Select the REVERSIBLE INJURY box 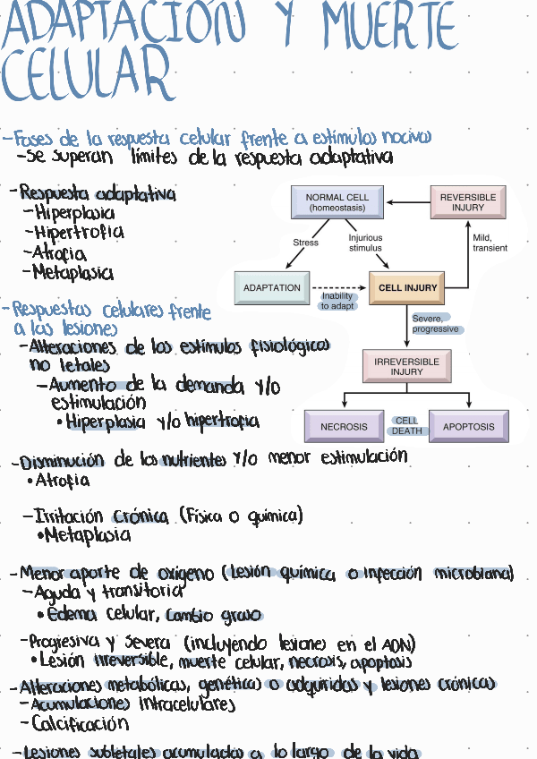click(x=468, y=202)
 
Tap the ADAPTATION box click(x=272, y=288)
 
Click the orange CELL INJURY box click(x=407, y=288)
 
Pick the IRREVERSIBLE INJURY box click(x=407, y=366)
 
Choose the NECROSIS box click(x=344, y=427)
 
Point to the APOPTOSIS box click(x=468, y=427)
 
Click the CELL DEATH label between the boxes click(x=406, y=426)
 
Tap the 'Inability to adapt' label click(x=337, y=301)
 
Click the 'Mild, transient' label click(x=490, y=243)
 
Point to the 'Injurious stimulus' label click(x=365, y=243)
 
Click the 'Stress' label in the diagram click(x=305, y=243)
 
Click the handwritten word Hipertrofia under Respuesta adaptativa click(x=79, y=233)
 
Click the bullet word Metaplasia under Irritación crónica click(x=87, y=536)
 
